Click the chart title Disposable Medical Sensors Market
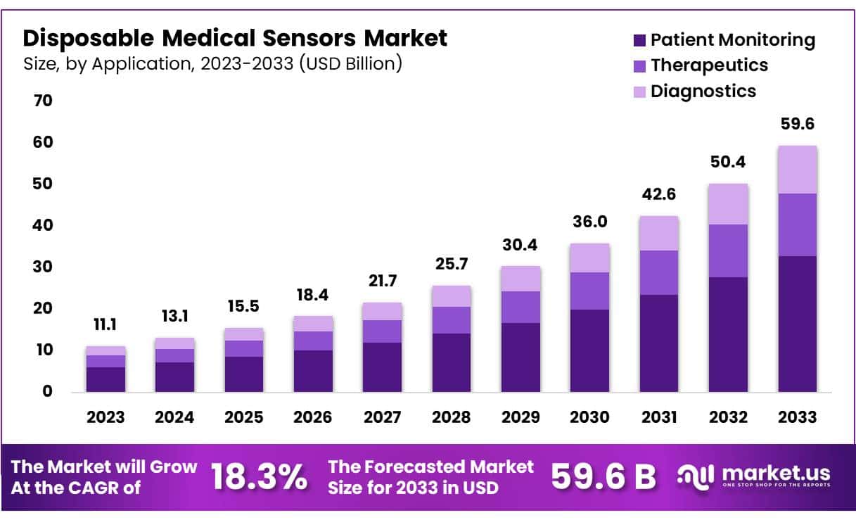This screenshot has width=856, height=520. click(235, 38)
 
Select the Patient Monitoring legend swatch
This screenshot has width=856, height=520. click(639, 40)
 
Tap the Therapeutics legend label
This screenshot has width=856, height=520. click(709, 65)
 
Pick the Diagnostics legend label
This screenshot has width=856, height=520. click(703, 91)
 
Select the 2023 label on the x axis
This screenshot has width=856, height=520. click(106, 417)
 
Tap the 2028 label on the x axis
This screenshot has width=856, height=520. click(451, 417)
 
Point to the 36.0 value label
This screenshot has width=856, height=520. click(589, 222)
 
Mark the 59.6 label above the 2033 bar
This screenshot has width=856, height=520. click(797, 125)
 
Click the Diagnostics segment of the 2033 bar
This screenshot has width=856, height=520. click(797, 170)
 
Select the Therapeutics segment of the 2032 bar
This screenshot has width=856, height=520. click(728, 251)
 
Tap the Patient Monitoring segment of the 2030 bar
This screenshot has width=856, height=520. click(589, 350)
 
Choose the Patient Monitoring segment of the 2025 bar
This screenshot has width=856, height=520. click(244, 374)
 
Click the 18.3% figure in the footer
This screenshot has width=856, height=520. click(259, 477)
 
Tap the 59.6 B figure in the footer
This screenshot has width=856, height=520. click(603, 477)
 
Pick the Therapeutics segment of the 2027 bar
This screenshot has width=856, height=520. click(382, 331)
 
